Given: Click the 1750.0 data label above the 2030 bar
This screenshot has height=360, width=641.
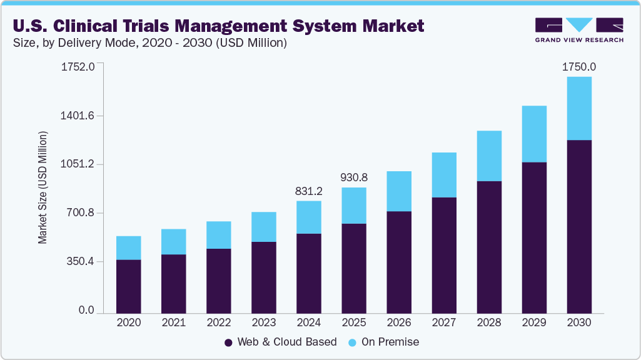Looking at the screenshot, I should pos(578,67).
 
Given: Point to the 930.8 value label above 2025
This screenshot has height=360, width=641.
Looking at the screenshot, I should pos(353,178).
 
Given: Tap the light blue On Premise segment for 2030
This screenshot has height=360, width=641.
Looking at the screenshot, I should pos(578,108).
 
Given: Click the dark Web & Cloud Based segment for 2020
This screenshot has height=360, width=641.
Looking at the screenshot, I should pos(128,286).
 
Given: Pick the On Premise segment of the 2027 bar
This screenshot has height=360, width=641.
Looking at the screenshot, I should pos(443,175).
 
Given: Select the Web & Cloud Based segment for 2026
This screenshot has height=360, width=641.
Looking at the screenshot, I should pos(398,262).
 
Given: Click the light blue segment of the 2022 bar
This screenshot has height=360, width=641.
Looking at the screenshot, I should pos(218,235).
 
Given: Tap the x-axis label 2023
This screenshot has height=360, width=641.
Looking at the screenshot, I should pos(263,322).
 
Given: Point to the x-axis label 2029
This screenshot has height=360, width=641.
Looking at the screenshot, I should pos(533,322).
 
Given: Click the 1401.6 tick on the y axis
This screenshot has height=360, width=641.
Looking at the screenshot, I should pos(78,116).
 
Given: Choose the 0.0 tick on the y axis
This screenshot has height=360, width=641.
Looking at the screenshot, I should pos(86,311).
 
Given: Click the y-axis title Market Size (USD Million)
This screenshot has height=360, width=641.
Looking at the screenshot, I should pos(43,187).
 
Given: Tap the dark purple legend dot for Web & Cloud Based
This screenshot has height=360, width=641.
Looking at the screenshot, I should pos(228,342).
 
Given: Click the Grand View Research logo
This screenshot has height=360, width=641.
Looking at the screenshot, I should pos(579,29).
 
